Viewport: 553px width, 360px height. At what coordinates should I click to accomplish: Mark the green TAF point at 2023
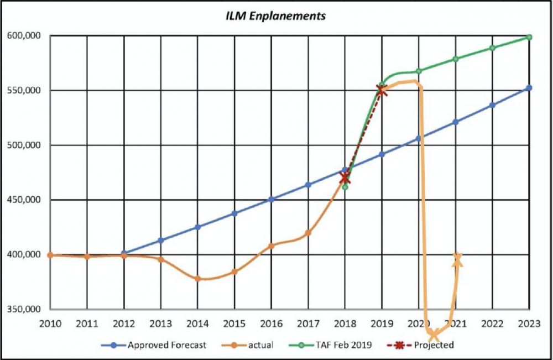529,37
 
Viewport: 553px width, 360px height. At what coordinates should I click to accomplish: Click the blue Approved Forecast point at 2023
529,87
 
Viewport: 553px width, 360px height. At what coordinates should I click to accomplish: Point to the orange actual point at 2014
197,279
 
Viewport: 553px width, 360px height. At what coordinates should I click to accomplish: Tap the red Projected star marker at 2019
382,91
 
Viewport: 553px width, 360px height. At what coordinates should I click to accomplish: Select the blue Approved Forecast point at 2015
234,213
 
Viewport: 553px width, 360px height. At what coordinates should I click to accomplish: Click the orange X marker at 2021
457,259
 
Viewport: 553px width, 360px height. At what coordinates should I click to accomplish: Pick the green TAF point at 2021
456,59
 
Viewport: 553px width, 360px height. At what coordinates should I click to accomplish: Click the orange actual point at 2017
308,233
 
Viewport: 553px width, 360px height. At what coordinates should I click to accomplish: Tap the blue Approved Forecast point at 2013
161,240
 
